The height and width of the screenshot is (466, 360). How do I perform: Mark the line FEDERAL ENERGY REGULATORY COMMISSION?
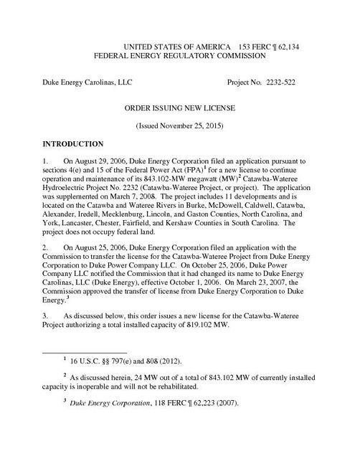(x=181, y=55)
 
